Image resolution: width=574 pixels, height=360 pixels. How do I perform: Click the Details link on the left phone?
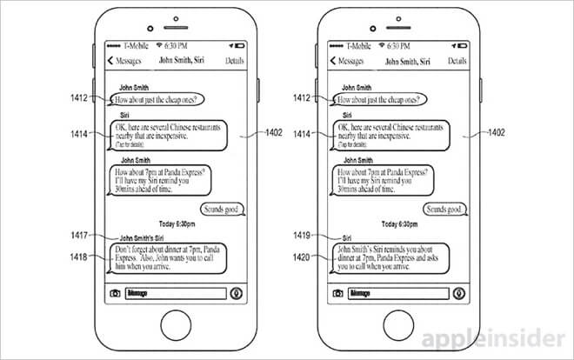click(x=235, y=62)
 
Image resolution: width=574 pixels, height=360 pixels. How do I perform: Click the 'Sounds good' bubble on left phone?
click(x=223, y=209)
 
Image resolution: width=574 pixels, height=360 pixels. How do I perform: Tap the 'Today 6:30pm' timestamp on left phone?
click(x=178, y=223)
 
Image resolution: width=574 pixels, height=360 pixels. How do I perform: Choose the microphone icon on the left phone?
click(x=235, y=293)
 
